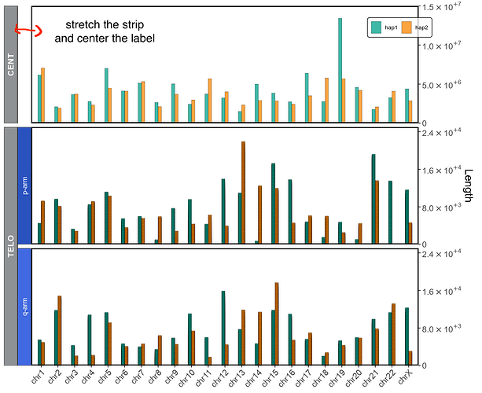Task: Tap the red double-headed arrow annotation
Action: click(x=25, y=31)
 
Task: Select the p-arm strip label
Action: click(x=24, y=185)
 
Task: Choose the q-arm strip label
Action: click(x=24, y=307)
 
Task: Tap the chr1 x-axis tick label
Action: click(x=39, y=376)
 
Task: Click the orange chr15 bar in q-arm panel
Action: click(x=277, y=323)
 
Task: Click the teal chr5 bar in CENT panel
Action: click(x=106, y=94)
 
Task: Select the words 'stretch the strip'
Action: click(x=105, y=24)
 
